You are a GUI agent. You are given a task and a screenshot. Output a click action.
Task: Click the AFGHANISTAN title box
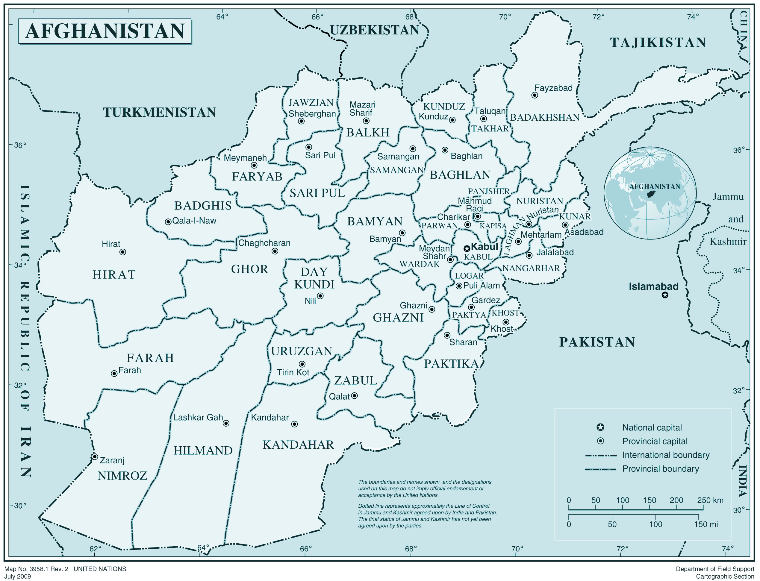105,31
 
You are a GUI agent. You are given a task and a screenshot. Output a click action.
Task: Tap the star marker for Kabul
467,248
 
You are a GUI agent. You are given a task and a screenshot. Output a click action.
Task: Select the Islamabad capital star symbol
665,295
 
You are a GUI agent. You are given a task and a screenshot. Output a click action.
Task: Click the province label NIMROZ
122,476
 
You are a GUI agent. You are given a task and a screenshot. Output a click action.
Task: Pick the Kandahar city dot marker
294,424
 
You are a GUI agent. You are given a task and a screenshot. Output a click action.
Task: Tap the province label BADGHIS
203,206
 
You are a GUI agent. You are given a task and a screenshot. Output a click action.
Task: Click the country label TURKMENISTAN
160,112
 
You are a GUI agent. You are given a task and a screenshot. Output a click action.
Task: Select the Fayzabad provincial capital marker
535,95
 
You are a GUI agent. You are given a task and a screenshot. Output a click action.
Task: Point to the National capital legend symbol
600,427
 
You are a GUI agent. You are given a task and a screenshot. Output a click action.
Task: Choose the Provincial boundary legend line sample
600,469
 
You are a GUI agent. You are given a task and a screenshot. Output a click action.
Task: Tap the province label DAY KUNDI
314,278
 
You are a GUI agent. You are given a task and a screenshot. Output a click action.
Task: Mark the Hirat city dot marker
122,252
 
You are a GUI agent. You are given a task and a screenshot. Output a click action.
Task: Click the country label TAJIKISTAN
658,43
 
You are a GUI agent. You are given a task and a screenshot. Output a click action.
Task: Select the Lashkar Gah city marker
226,423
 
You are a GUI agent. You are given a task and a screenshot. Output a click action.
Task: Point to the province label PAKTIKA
451,364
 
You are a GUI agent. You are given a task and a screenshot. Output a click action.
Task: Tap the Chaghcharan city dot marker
275,251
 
